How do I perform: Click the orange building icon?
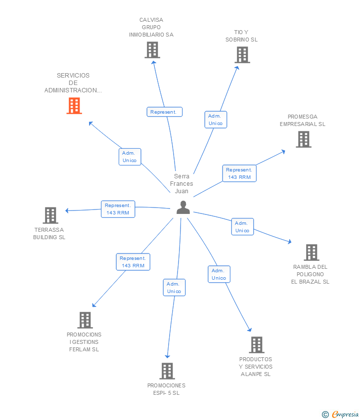coord(74,106)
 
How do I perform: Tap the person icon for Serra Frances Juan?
coord(183,208)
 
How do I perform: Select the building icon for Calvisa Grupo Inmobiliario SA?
coord(152,50)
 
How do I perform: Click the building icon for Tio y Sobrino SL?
coord(242,55)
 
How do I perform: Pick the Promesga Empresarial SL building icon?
coord(304,139)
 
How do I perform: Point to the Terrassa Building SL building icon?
coord(50,215)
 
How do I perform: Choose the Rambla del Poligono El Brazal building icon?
coord(312,252)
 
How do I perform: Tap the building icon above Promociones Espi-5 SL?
coord(167,371)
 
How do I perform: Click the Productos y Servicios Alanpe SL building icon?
coord(257,345)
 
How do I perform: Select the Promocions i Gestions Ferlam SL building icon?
coord(85,320)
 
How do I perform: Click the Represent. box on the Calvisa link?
coord(165,112)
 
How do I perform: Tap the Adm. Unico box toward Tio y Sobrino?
coord(216,120)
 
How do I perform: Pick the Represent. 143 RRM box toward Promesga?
coord(239,173)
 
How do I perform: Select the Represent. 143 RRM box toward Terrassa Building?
coord(118,209)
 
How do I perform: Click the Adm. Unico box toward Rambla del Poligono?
coord(243,227)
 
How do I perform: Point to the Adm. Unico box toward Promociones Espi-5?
coord(174,288)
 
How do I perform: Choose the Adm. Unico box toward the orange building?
coord(130,157)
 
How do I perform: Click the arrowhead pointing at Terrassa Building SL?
coord(67,210)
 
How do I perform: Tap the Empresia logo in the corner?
coord(340,415)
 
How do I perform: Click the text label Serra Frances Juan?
coord(181,183)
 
